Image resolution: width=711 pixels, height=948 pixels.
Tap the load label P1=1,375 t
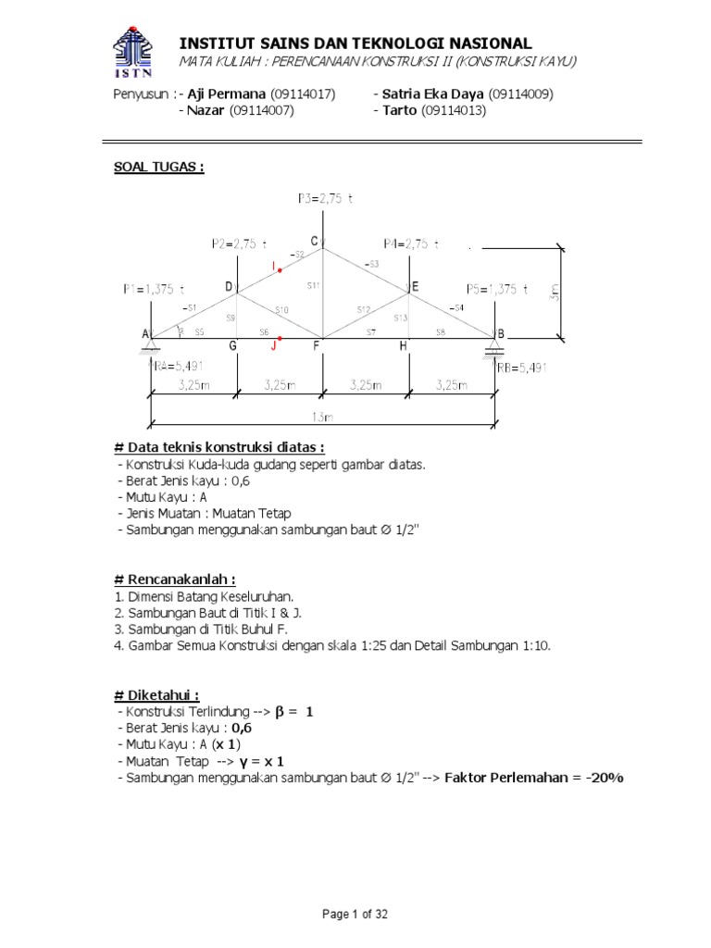pos(159,288)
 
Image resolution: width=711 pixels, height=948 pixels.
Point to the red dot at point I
pos(280,268)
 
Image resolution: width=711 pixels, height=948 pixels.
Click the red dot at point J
pos(280,339)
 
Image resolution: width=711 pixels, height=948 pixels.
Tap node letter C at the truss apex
pos(315,242)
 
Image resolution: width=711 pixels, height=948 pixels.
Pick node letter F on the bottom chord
pos(316,346)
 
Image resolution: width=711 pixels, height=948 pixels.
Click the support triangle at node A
pos(148,348)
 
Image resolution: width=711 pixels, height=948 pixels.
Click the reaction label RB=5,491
pos(522,368)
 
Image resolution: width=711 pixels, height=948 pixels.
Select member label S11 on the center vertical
pos(315,284)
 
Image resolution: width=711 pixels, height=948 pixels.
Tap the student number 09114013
pos(454,111)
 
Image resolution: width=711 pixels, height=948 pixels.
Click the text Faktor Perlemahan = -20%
pos(534,778)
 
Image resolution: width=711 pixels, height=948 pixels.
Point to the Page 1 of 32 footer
pos(355,915)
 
